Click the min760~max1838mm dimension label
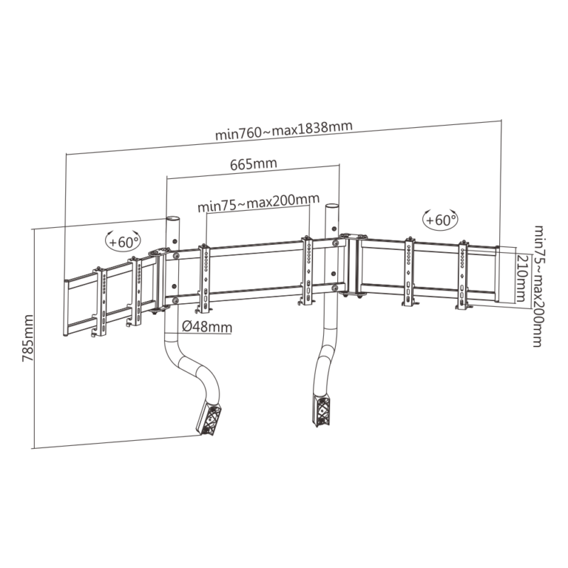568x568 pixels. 284,130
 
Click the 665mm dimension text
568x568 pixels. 253,165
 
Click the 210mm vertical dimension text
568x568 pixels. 521,278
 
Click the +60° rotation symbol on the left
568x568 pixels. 123,241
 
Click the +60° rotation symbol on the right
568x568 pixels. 439,219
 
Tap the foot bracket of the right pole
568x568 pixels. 319,410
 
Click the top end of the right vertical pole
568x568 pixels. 330,207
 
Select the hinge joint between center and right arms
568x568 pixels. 353,264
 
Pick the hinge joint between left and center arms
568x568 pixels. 160,278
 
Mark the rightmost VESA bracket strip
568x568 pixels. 463,275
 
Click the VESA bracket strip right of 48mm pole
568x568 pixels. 204,277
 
